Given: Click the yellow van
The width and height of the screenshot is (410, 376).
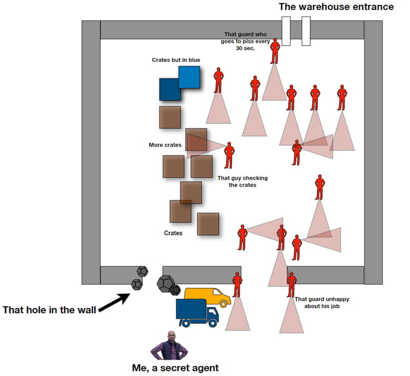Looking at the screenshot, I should [207, 296].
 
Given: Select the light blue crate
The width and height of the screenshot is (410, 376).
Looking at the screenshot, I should [189, 77].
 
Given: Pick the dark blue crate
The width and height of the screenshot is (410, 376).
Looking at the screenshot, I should [170, 90].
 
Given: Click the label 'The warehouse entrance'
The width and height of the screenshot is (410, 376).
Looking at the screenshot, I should [336, 7].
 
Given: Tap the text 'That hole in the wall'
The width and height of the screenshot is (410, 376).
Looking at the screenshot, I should [50, 309].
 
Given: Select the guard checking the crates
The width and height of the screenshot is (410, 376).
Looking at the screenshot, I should [229, 155].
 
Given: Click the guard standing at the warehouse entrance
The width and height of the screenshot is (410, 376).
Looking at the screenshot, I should [275, 51].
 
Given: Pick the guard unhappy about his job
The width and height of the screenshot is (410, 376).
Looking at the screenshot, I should [291, 284].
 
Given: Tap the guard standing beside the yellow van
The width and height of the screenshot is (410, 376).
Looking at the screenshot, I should [237, 284].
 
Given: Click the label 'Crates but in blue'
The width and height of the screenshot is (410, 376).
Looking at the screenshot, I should [176, 60].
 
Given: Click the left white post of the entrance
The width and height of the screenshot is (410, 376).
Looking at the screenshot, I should [286, 31].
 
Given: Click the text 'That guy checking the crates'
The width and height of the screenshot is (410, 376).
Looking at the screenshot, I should [237, 181].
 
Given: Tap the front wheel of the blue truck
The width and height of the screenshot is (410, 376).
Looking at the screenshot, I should [213, 323].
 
